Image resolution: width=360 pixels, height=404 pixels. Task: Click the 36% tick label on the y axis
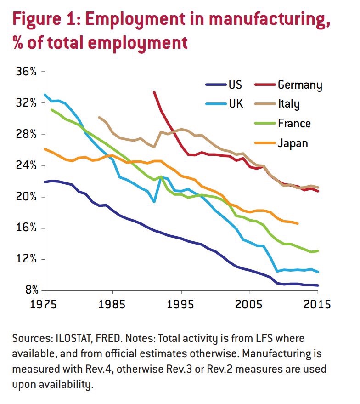click(27, 72)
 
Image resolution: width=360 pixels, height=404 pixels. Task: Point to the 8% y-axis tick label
click(29, 290)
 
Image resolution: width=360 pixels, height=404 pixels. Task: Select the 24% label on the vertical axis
click(27, 165)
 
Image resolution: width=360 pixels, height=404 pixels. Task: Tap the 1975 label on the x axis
click(45, 304)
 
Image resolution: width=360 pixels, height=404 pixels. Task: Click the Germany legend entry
click(300, 85)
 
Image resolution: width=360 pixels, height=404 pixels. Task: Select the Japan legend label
click(292, 143)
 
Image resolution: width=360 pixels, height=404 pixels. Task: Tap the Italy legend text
click(288, 104)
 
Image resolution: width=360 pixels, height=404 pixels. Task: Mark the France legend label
click(294, 123)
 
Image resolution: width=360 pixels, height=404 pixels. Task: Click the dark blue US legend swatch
click(215, 85)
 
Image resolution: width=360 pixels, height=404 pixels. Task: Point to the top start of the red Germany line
click(154, 92)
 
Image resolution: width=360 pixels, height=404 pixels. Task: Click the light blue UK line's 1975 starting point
click(45, 95)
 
